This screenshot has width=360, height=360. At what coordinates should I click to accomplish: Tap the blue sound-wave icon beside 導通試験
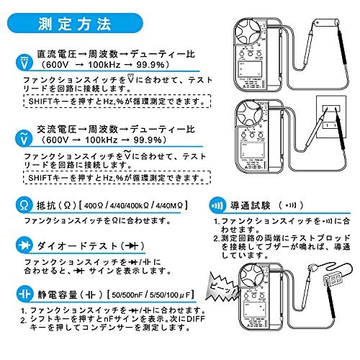click(217, 204)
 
